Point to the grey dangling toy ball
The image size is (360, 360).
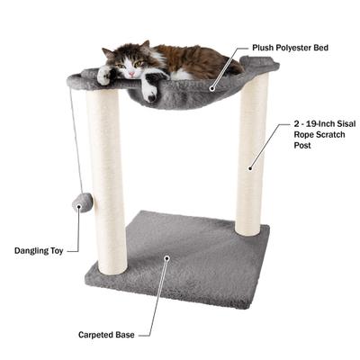click(x=82, y=203)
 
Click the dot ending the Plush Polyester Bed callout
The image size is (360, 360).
click(x=211, y=88)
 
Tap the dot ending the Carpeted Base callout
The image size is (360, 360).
click(x=165, y=259)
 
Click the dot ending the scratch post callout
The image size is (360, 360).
click(x=249, y=167)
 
